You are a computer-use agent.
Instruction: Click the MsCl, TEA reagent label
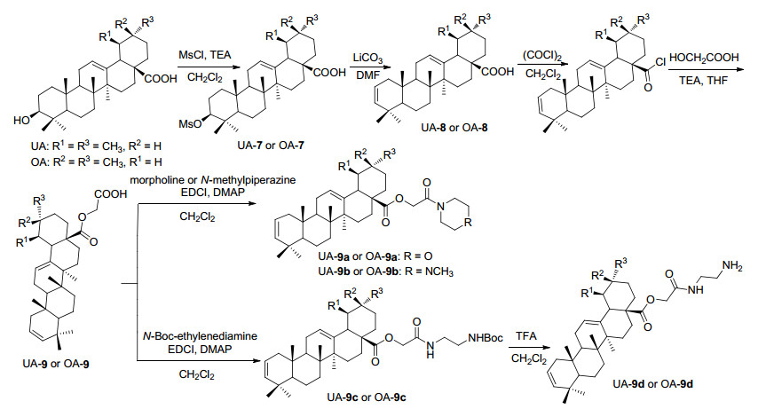(x=204, y=56)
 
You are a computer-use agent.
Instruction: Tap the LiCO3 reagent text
(x=367, y=58)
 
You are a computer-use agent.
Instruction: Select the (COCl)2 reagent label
(x=541, y=55)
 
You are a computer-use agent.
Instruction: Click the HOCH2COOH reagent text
(x=704, y=58)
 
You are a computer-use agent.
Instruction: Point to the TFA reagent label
(x=526, y=336)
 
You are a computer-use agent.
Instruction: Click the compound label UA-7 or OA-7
(x=270, y=146)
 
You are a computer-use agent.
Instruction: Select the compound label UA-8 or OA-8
(x=454, y=129)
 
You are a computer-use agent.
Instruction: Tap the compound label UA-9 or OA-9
(x=56, y=363)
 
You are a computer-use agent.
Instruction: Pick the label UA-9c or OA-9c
(x=366, y=397)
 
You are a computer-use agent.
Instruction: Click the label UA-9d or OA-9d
(x=653, y=383)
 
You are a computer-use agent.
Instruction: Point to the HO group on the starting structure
(x=21, y=120)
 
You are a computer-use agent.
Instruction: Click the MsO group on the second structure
(x=190, y=124)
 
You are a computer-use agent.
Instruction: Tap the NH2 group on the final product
(x=732, y=266)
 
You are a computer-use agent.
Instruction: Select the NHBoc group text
(x=486, y=338)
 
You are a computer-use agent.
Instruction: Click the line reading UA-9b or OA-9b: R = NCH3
(x=385, y=271)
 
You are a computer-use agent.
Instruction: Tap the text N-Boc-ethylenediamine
(x=200, y=336)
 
